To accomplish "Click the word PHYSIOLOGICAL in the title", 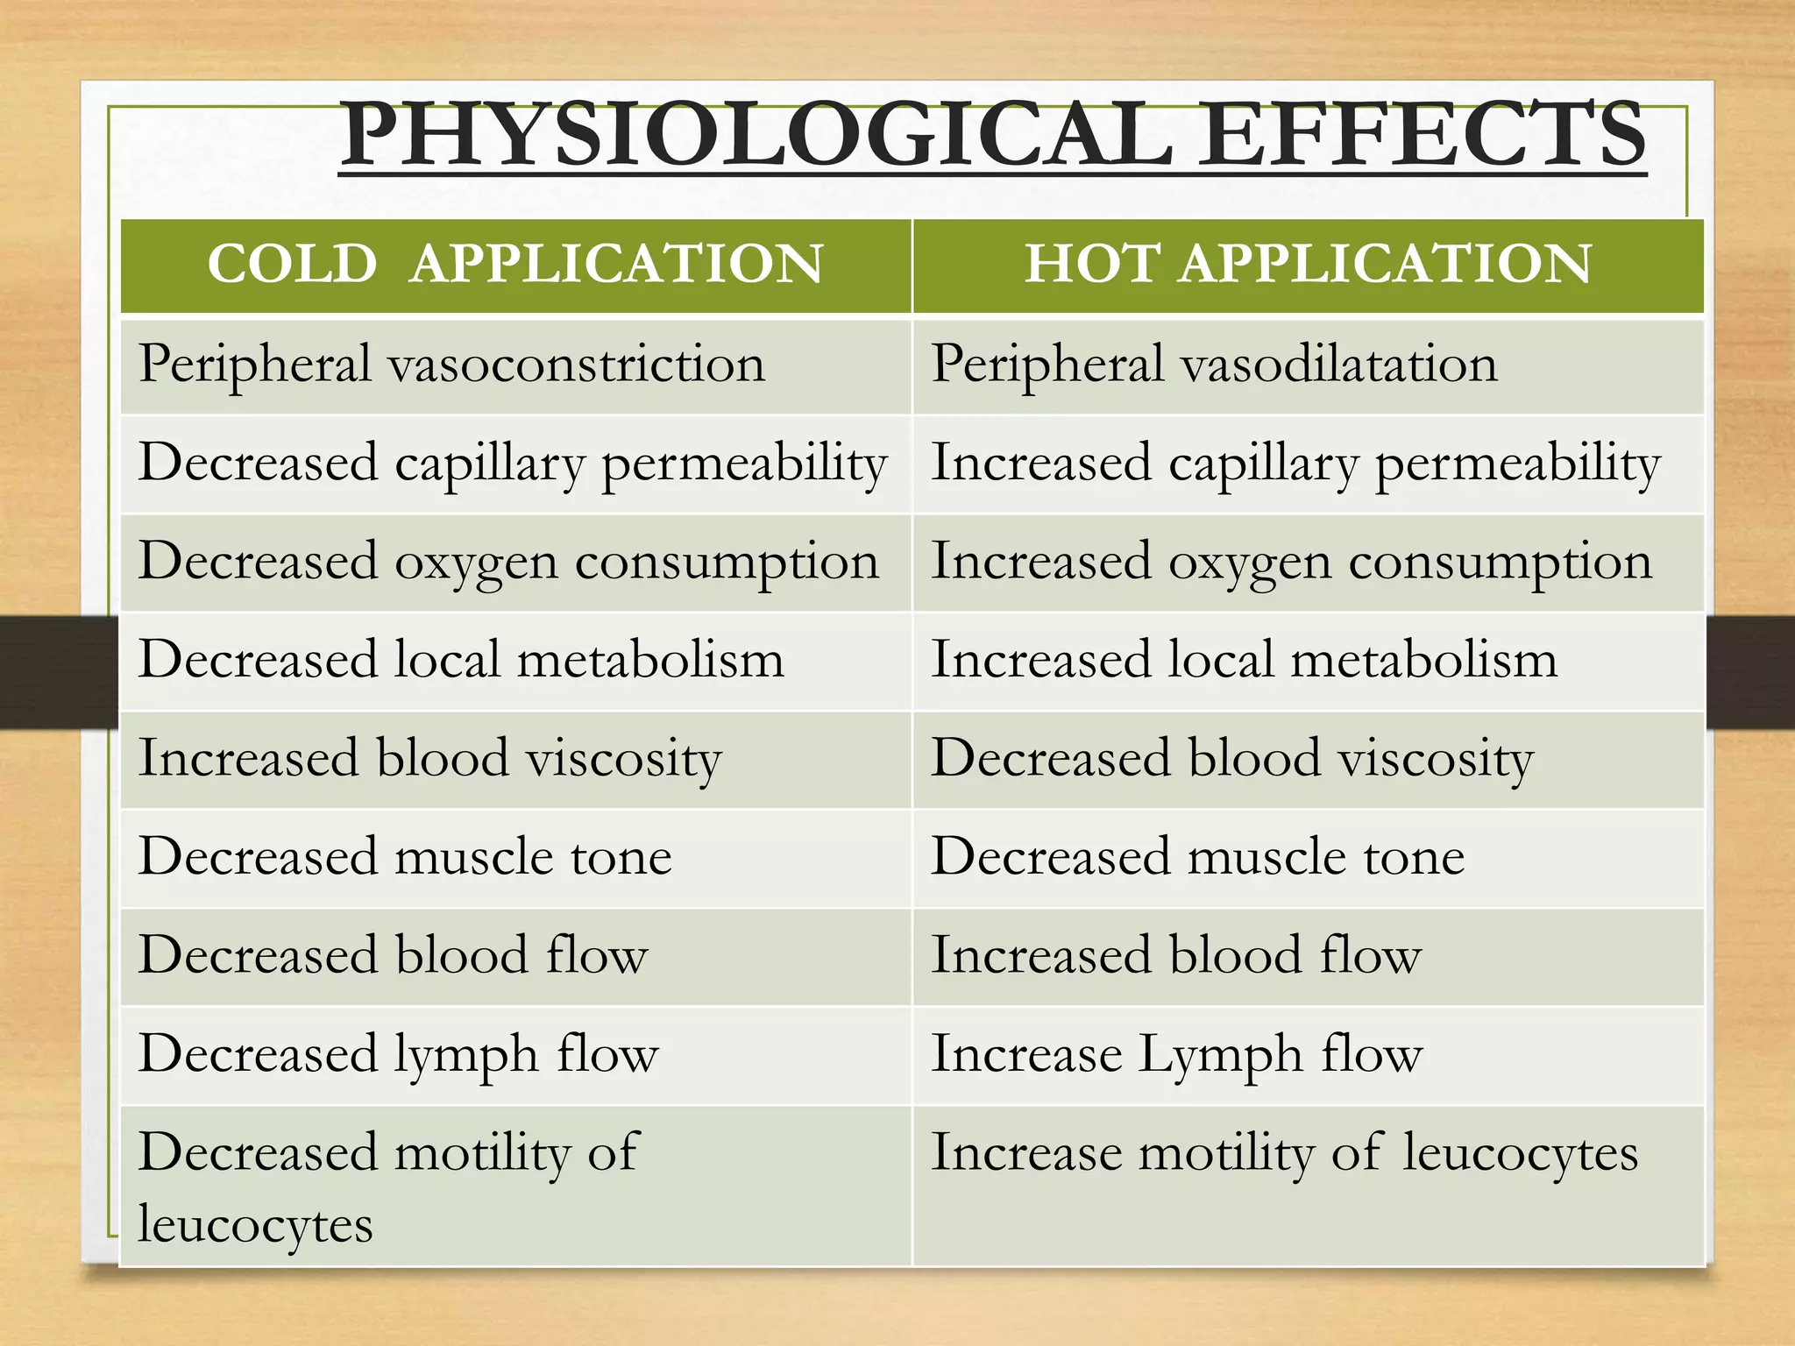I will [756, 136].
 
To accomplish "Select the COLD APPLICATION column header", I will [515, 264].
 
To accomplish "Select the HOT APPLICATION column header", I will [1308, 264].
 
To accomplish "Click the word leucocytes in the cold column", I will [255, 1225].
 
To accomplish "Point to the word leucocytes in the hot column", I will [1520, 1153].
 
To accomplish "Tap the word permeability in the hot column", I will [1517, 464].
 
